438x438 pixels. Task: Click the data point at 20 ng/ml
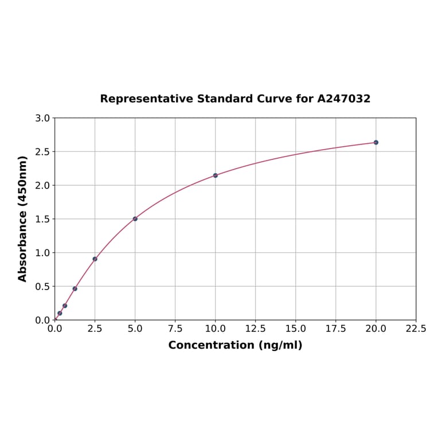pos(376,142)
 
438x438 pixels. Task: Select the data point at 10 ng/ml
pos(215,175)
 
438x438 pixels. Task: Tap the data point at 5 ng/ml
pos(135,219)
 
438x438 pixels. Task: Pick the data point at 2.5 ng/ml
pos(95,259)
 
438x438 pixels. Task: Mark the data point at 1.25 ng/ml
pos(75,288)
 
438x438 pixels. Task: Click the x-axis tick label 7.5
pos(175,329)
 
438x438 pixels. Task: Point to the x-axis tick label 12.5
pos(255,329)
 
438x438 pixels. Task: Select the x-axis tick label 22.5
pos(416,329)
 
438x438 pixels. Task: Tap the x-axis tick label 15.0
pos(295,329)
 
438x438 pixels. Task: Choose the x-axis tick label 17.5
pos(335,329)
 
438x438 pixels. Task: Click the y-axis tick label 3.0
pos(42,119)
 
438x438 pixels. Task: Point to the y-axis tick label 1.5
pos(42,219)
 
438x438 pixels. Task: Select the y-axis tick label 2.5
pos(42,152)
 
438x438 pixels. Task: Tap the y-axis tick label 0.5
pos(42,287)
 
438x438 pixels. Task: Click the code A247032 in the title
pos(343,99)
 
